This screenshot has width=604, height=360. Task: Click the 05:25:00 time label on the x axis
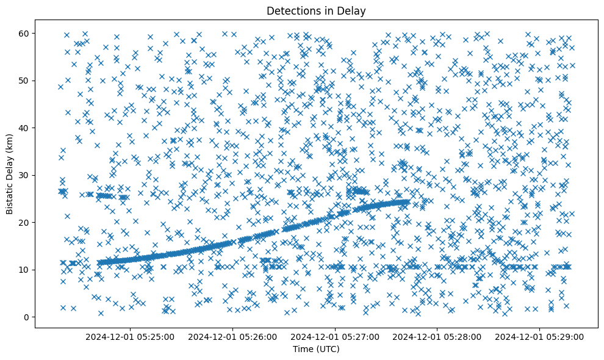[130, 336]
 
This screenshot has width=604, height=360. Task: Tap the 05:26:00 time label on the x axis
[232, 336]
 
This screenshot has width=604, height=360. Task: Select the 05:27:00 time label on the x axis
[335, 336]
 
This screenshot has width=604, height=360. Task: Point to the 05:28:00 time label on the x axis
[437, 336]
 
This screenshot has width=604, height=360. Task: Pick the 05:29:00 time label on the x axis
[540, 336]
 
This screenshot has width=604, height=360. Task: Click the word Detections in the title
[290, 10]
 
